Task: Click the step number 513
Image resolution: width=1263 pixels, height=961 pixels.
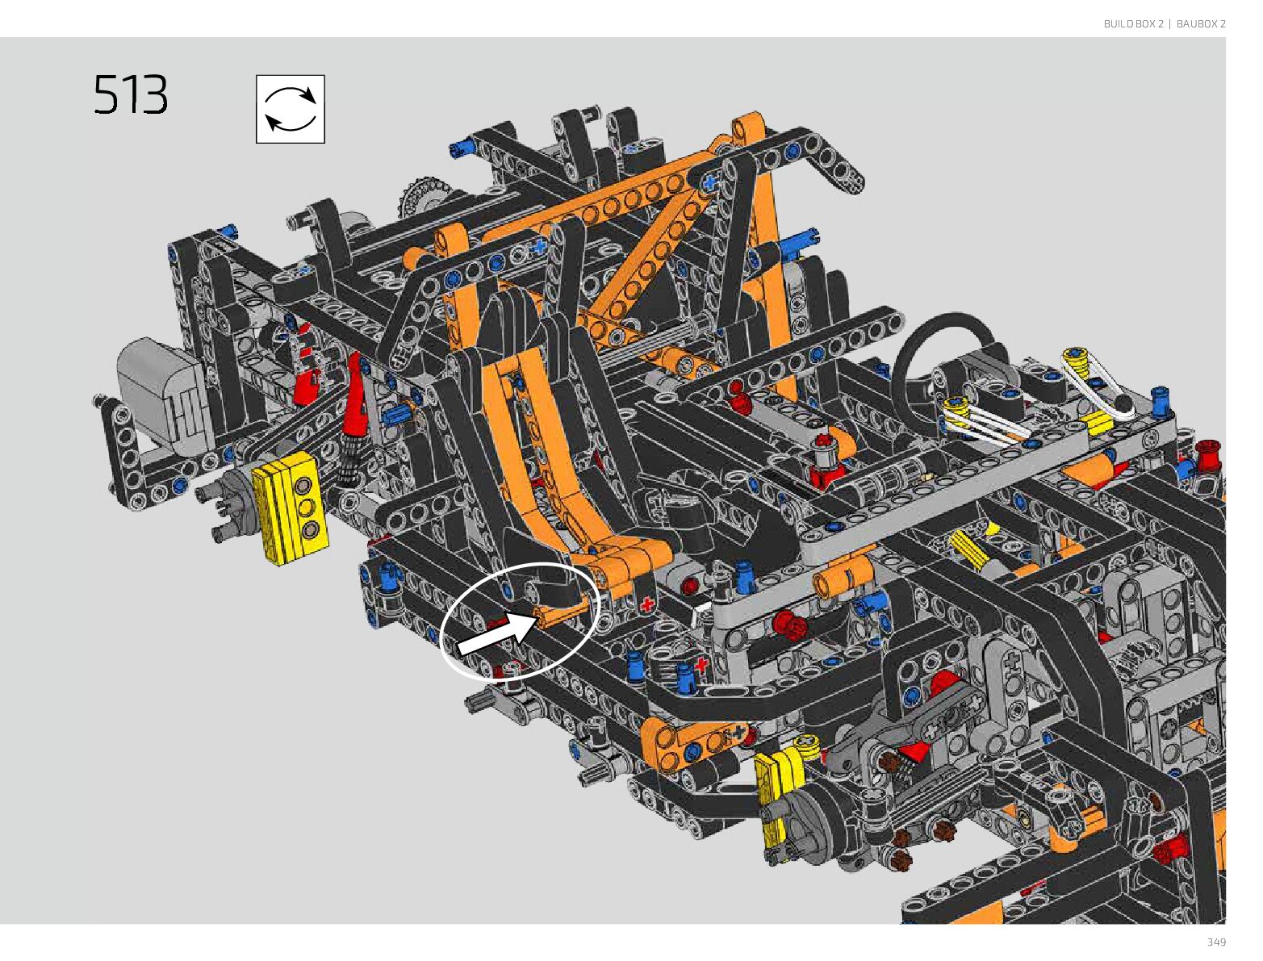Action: [131, 94]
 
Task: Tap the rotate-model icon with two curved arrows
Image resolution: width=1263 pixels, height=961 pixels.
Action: [291, 109]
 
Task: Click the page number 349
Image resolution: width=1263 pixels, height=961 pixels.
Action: [1216, 942]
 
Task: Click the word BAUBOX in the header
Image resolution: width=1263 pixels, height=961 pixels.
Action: [1197, 23]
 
